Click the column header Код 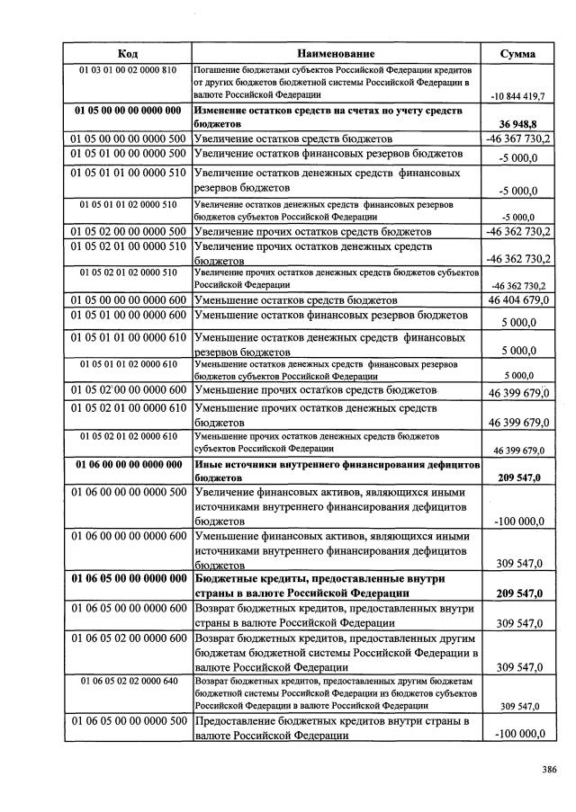coord(127,54)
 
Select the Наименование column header coord(337,54)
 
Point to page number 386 coord(549,769)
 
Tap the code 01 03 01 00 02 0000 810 coord(127,70)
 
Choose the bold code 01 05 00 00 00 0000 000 coord(127,110)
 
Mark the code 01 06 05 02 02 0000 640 coord(127,681)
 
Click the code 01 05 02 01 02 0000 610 coord(127,436)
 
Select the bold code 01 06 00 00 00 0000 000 coord(127,465)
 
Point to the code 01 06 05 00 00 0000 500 coord(127,721)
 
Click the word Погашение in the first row coord(215,70)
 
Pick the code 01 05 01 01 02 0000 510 coord(127,205)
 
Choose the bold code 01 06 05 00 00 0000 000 coord(127,579)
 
